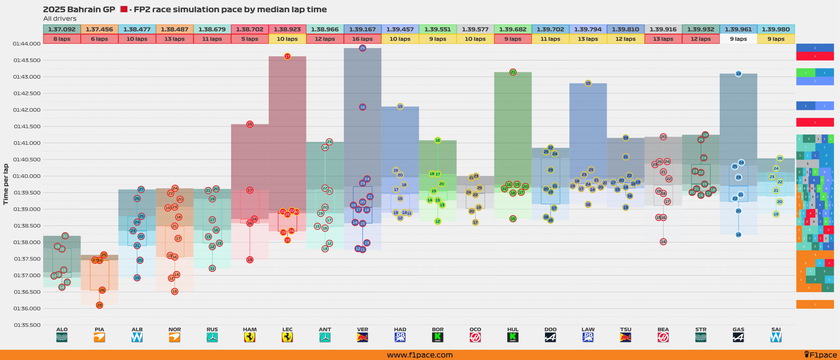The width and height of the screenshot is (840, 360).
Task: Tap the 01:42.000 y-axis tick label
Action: (27, 110)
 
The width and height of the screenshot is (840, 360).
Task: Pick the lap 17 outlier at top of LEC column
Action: (287, 56)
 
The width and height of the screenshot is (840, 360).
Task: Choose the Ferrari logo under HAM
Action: (250, 337)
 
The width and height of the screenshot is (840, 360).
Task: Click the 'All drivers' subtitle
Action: (60, 19)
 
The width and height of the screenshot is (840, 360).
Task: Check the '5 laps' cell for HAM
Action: (250, 39)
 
